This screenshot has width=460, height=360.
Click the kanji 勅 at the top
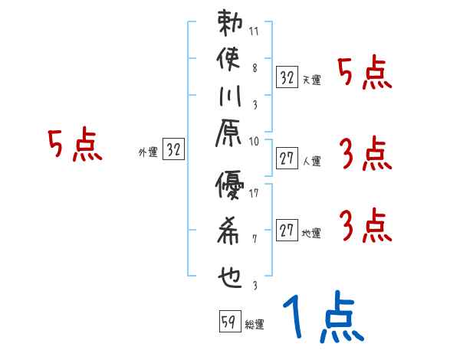229,23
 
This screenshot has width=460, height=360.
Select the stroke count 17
255,192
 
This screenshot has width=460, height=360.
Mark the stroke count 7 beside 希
255,238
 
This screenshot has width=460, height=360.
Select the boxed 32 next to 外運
173,151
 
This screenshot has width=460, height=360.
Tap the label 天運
310,80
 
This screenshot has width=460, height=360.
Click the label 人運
310,161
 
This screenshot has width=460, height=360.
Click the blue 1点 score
322,318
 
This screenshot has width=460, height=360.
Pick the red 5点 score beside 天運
364,73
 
